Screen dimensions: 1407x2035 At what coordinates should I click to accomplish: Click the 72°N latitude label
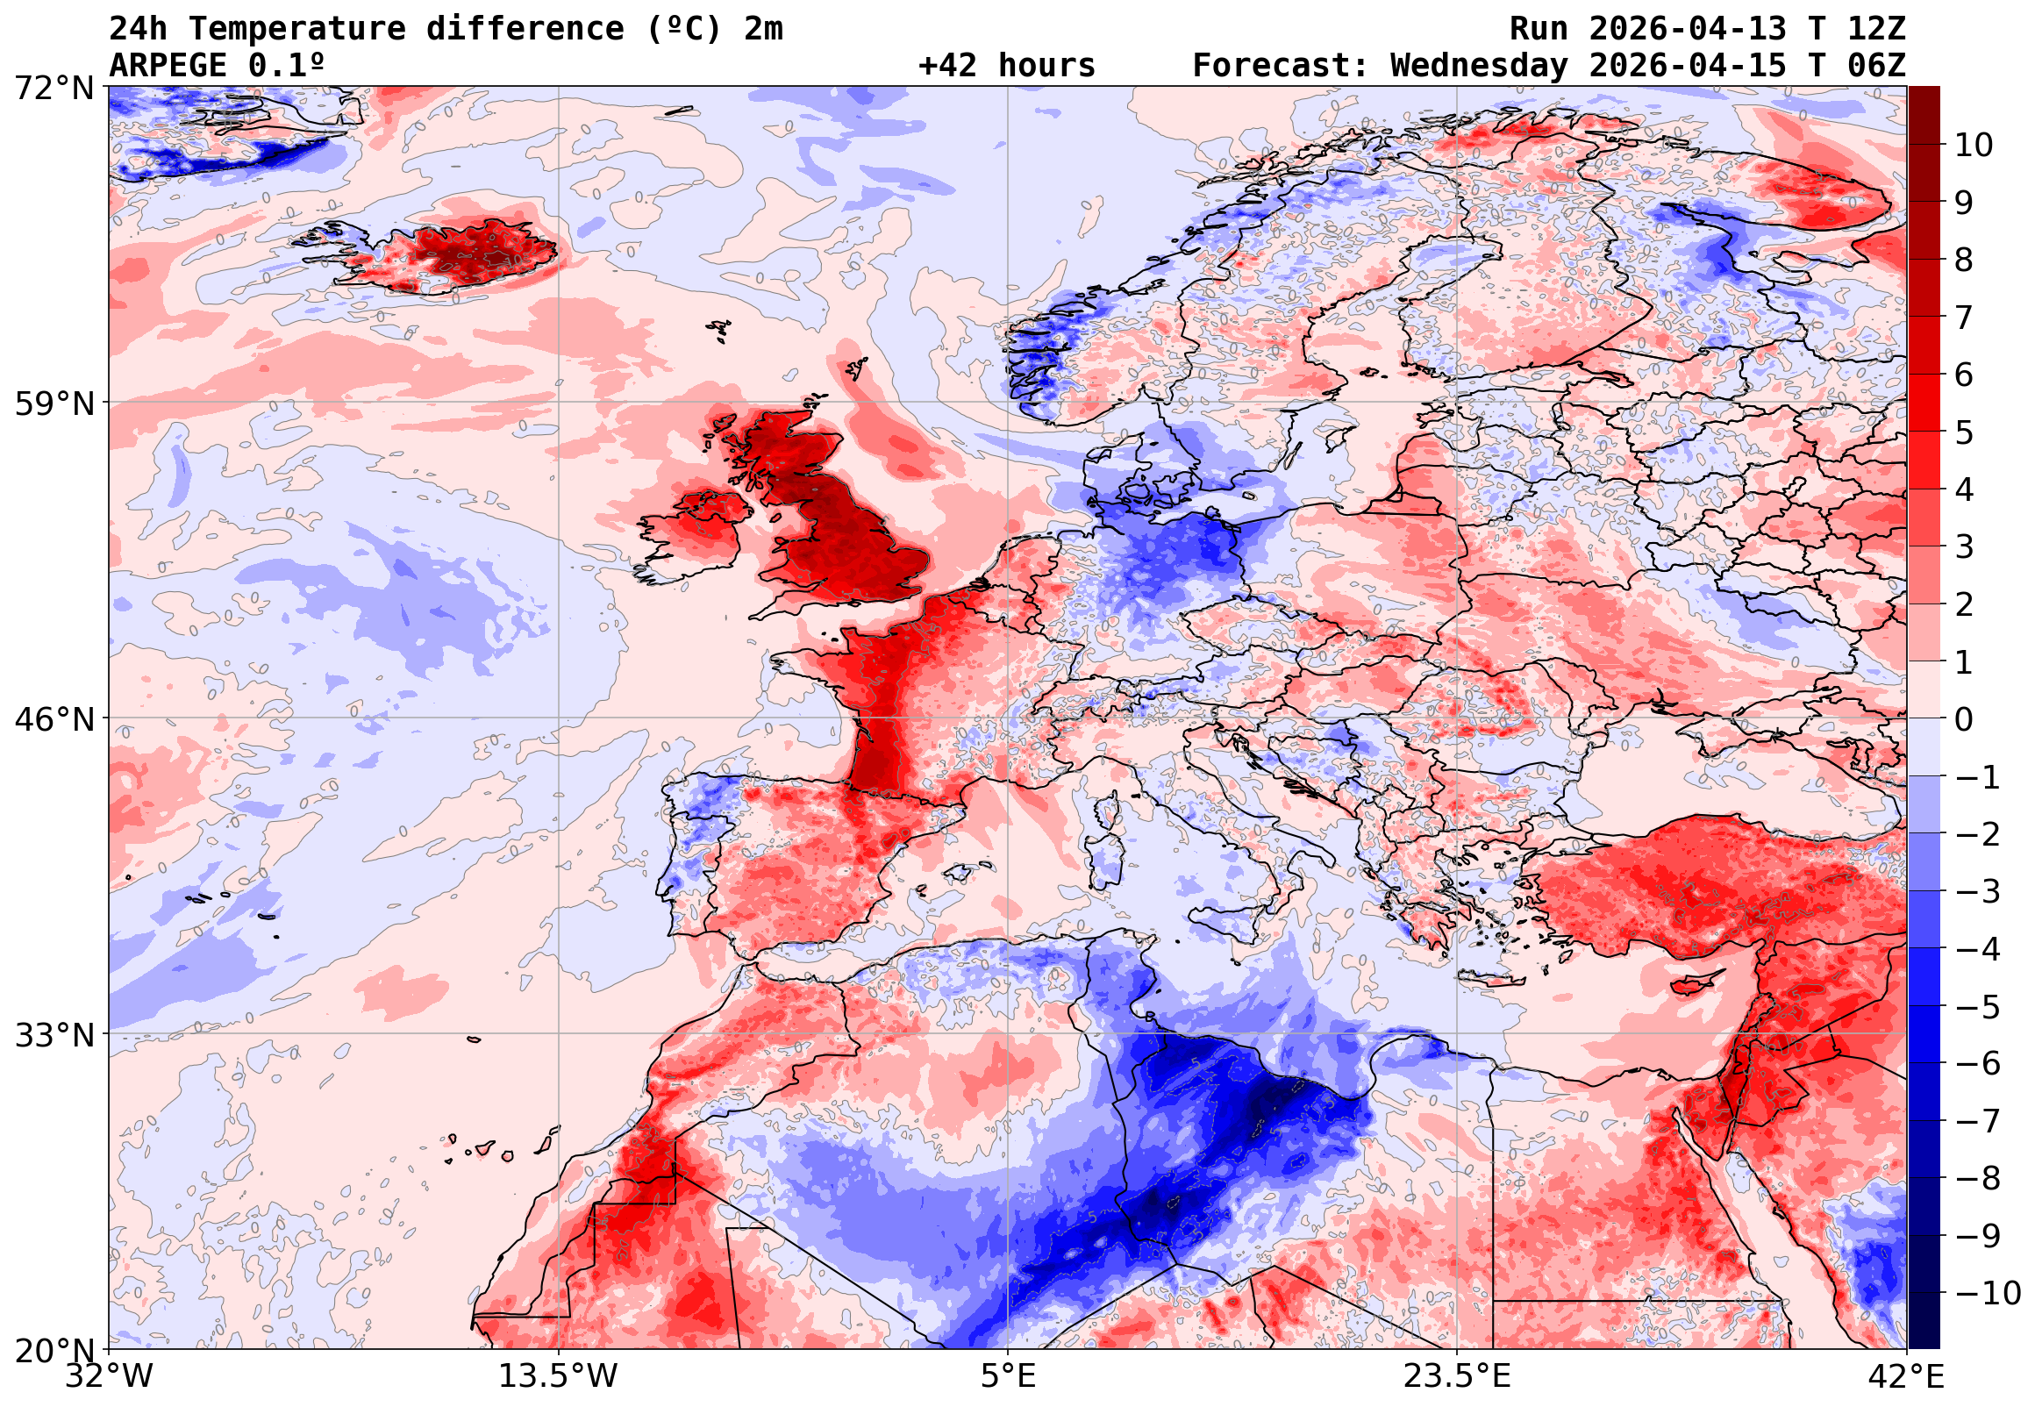point(53,89)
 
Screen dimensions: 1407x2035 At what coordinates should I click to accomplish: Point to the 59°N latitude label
point(53,404)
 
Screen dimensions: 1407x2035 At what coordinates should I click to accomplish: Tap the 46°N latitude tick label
point(53,719)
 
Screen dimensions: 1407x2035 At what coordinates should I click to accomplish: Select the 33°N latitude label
point(53,1034)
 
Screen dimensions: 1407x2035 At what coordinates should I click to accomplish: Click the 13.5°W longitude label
point(559,1376)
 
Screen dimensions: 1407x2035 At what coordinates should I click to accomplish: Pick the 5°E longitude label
point(1007,1376)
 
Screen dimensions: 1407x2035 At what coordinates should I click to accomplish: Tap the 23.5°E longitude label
point(1456,1376)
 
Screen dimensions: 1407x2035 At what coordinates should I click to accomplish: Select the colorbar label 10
point(1973,146)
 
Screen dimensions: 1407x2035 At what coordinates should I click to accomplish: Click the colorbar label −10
point(1987,1293)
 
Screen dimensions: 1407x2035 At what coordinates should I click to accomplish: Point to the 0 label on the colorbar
point(1964,719)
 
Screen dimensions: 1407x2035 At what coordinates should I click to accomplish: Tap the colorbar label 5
point(1964,432)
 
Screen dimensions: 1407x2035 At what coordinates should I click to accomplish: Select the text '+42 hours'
point(1006,66)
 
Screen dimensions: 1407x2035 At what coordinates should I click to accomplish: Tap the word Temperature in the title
point(296,29)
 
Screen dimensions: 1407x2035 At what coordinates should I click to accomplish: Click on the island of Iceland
point(458,255)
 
